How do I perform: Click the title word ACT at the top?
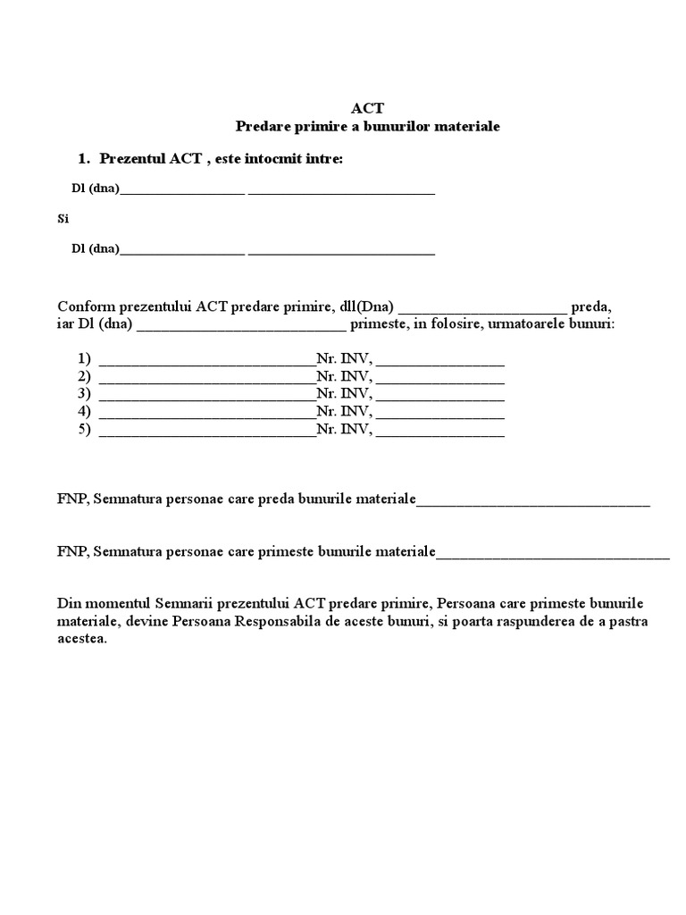click(x=367, y=107)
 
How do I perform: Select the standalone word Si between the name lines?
click(x=63, y=219)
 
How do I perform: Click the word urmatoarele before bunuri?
click(x=536, y=323)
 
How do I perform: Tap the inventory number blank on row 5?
click(x=440, y=432)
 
